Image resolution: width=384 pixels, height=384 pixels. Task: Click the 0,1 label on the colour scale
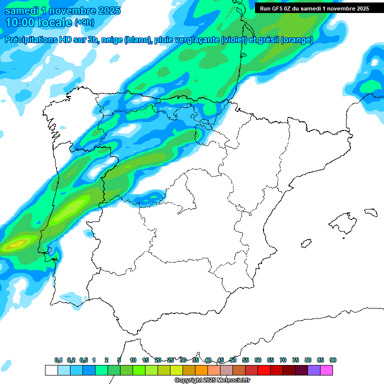point(58,360)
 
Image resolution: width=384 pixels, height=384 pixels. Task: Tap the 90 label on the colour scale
point(333,360)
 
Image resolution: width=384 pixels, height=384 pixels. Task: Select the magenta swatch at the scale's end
point(326,370)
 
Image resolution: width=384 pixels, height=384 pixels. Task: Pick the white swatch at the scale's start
point(51,370)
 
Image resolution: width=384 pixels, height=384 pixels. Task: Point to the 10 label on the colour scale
point(133,360)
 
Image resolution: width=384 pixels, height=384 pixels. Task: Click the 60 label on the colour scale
point(258,360)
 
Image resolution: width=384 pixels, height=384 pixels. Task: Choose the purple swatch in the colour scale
point(314,370)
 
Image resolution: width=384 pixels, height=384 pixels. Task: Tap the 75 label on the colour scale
point(295,360)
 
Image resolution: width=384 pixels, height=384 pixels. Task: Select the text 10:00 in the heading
point(20,22)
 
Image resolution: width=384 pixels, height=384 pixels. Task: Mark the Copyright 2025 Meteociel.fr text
point(212,380)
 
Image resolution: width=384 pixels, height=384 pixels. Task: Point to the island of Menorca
point(370,212)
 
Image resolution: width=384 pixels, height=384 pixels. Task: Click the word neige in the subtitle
point(111,40)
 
